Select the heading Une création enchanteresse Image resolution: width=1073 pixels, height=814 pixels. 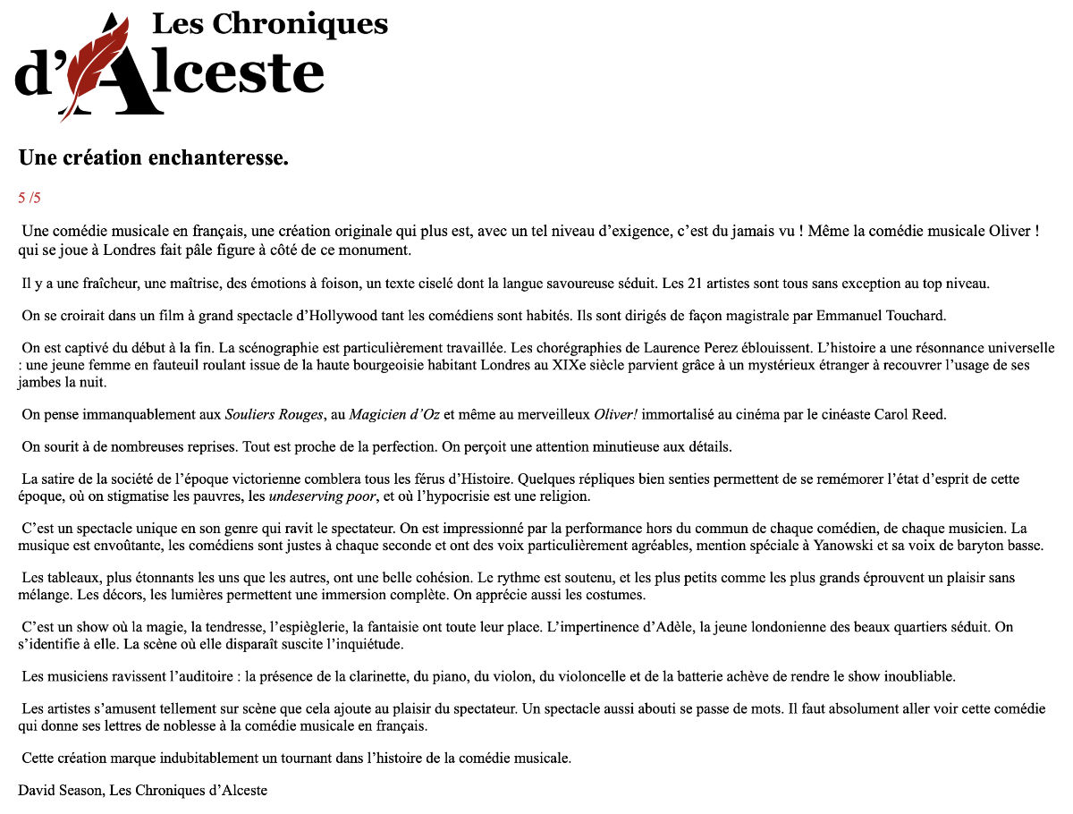[153, 158]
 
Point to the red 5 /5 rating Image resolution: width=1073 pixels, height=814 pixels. [30, 198]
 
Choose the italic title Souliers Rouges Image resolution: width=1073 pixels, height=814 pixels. [273, 414]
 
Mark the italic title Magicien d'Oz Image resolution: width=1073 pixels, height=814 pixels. [394, 414]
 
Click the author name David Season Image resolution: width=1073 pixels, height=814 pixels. [60, 790]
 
